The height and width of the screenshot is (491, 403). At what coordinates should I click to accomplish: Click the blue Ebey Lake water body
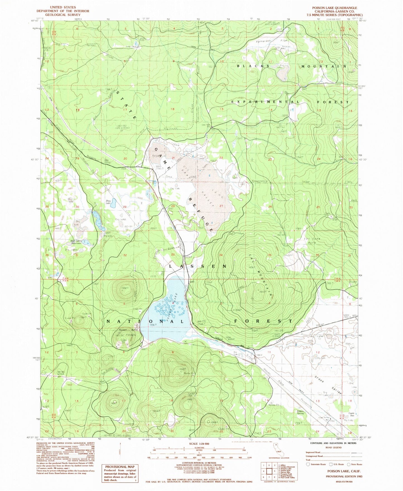click(97, 219)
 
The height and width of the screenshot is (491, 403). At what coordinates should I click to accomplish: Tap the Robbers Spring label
click(300, 412)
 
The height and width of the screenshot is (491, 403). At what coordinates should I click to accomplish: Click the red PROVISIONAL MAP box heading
click(119, 467)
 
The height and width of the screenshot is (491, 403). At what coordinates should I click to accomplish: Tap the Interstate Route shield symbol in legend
click(308, 464)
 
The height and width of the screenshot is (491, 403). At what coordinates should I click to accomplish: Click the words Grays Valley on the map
click(332, 384)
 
